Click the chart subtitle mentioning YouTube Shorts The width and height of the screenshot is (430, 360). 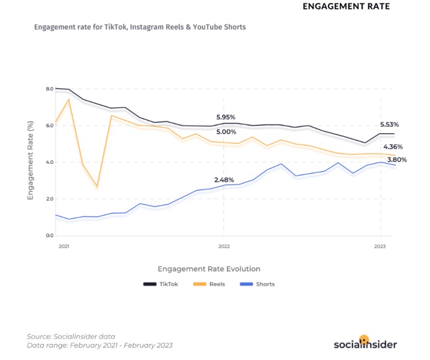(x=140, y=27)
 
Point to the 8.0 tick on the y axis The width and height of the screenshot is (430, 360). (x=50, y=89)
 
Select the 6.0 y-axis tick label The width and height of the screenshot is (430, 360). (x=50, y=125)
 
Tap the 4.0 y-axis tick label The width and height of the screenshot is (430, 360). (x=50, y=162)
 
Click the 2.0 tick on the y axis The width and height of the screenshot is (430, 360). (x=50, y=199)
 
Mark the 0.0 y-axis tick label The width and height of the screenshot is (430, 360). (x=50, y=235)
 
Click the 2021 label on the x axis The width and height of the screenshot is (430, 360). (x=63, y=247)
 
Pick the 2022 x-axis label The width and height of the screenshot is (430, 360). (x=224, y=247)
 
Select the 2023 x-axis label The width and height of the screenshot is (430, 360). (x=380, y=247)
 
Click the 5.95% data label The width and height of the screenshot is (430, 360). (x=226, y=117)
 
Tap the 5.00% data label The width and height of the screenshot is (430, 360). (x=226, y=131)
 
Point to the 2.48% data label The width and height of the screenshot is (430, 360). (x=224, y=179)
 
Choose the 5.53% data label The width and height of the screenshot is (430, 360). (x=389, y=124)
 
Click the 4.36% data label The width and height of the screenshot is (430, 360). (x=393, y=146)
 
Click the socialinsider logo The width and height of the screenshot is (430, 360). (x=365, y=343)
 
